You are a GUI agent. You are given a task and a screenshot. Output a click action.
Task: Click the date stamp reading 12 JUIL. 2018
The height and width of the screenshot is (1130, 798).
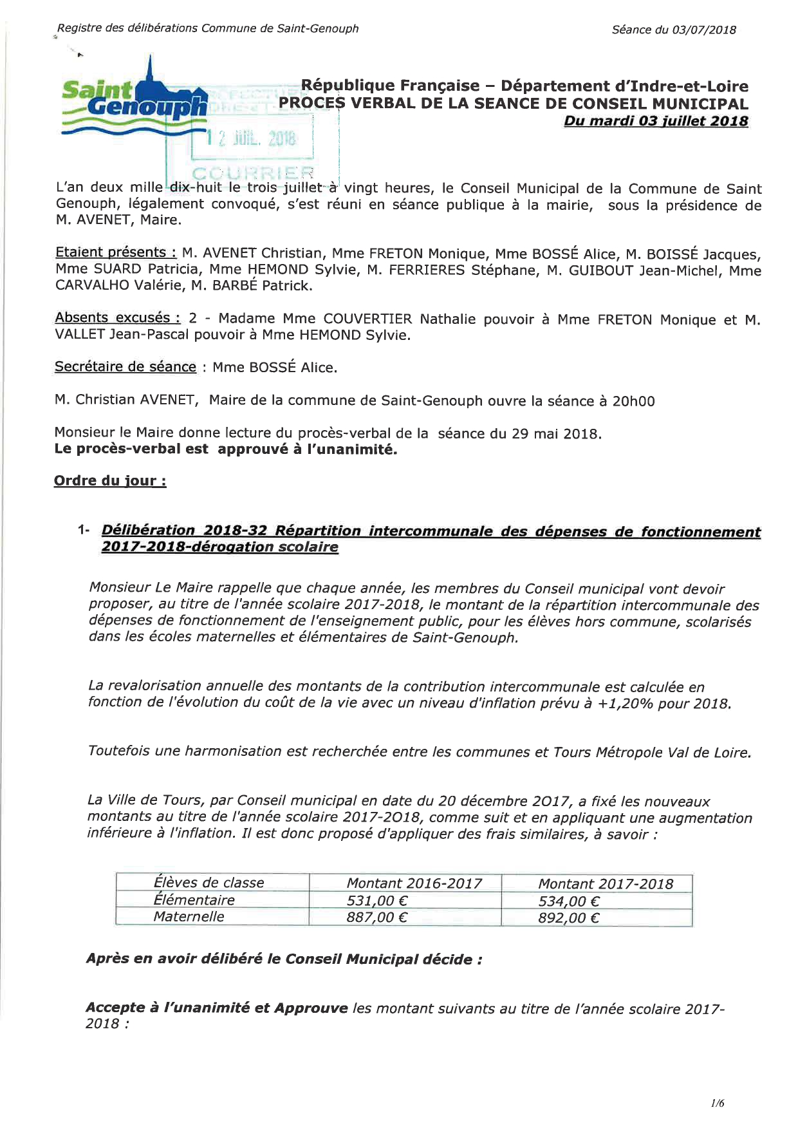click(x=252, y=138)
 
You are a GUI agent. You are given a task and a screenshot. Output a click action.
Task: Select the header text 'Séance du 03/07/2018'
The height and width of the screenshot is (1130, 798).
click(x=674, y=30)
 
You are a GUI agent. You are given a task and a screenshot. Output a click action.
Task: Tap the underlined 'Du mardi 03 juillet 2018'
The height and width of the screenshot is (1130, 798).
click(x=656, y=121)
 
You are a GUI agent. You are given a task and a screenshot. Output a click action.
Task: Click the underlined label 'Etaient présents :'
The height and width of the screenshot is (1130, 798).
click(x=116, y=252)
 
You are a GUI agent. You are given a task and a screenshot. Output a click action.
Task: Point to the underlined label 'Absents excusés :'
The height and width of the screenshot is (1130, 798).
click(x=117, y=317)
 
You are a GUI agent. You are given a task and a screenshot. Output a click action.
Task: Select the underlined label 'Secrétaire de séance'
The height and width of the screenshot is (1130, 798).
click(x=125, y=366)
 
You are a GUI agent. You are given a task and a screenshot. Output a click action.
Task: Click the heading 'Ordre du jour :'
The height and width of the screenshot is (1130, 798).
click(x=110, y=480)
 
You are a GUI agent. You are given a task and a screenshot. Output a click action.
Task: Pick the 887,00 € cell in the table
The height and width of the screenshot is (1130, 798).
click(x=377, y=918)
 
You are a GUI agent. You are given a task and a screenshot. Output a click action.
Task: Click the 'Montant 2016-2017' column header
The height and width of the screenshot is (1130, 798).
click(x=414, y=883)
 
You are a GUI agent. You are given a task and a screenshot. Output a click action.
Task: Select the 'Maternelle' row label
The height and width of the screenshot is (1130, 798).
click(x=189, y=917)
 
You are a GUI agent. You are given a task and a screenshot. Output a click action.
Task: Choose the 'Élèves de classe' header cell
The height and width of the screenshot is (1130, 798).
click(x=209, y=883)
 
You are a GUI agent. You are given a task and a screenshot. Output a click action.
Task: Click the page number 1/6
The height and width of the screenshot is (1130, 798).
click(x=718, y=1104)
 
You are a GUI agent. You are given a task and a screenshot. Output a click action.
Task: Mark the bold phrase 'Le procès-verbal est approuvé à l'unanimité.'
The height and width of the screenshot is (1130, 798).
click(x=226, y=449)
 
